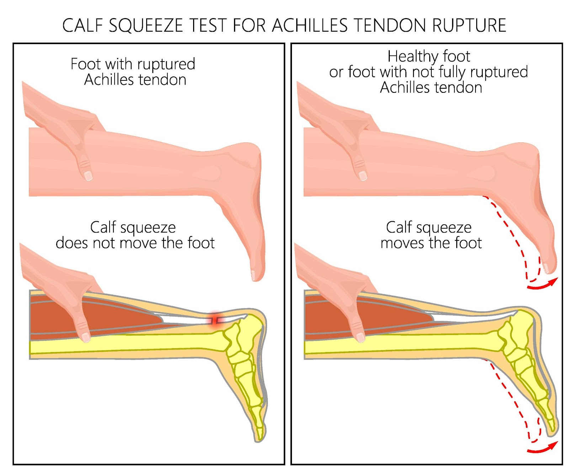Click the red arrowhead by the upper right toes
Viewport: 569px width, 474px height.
coord(553,282)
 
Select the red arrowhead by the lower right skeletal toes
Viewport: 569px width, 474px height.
coord(553,445)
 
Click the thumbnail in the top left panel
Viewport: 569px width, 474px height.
coord(88,175)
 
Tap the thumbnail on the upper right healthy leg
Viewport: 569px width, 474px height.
coord(363,176)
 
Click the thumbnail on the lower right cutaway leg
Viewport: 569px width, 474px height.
coord(361,336)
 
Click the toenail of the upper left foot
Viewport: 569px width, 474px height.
coord(253,275)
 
